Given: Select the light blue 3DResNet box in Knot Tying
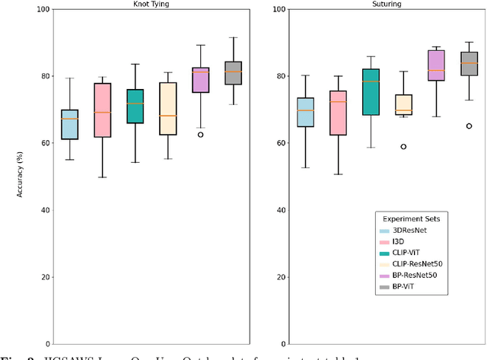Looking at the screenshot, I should (69, 125).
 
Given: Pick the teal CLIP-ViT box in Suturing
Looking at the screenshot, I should (371, 92).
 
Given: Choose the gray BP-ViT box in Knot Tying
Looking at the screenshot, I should (233, 73).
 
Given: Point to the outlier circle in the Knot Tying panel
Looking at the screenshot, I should (200, 134).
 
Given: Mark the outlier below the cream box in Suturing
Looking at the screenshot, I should (403, 146).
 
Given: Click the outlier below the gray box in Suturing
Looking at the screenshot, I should (469, 126).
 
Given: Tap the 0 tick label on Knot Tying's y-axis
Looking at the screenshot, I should (46, 343).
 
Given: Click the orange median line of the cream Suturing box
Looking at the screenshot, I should (403, 110).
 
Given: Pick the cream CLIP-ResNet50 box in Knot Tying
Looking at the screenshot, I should (167, 109).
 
